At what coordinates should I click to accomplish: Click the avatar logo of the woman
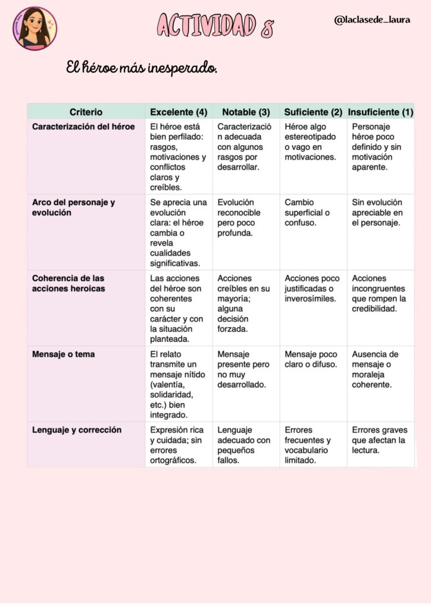pyautogui.click(x=35, y=28)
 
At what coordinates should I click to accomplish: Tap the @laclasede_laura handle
pyautogui.click(x=372, y=20)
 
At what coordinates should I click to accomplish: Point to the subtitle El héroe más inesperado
pyautogui.click(x=142, y=68)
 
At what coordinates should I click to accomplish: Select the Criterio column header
pyautogui.click(x=86, y=112)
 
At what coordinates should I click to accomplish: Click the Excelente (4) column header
pyautogui.click(x=179, y=112)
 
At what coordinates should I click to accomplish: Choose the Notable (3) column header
pyautogui.click(x=246, y=112)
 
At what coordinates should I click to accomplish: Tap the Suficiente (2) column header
pyautogui.click(x=313, y=112)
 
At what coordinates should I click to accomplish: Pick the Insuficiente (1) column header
pyautogui.click(x=380, y=112)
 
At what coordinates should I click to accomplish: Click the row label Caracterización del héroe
pyautogui.click(x=83, y=127)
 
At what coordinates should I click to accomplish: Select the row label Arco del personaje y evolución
pyautogui.click(x=74, y=207)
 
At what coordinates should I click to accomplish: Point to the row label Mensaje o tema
pyautogui.click(x=63, y=354)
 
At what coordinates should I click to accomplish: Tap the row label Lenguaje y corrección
pyautogui.click(x=77, y=430)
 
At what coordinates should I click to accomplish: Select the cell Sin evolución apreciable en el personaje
pyautogui.click(x=377, y=212)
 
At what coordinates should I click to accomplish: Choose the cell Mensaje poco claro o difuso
pyautogui.click(x=311, y=359)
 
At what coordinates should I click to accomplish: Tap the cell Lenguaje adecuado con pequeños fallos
pyautogui.click(x=243, y=445)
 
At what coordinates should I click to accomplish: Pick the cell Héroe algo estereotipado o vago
pyautogui.click(x=310, y=142)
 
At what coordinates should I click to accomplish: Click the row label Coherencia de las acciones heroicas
pyautogui.click(x=68, y=283)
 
